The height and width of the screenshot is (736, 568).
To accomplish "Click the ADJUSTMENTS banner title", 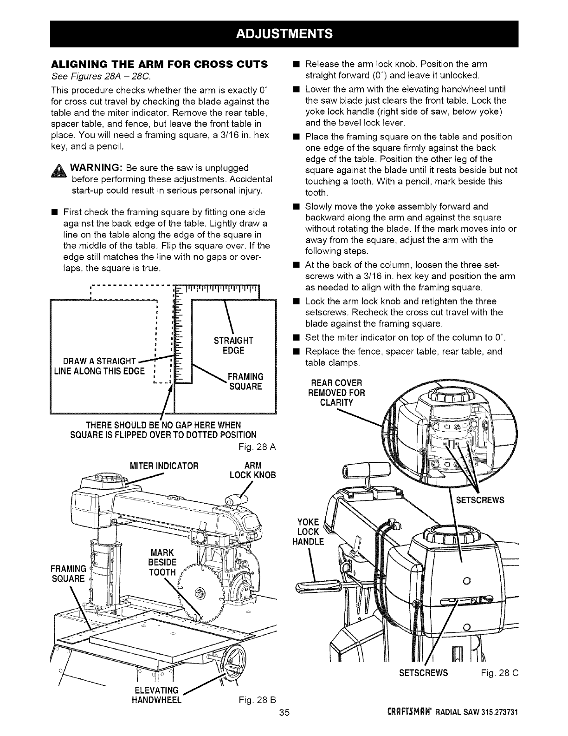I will coord(284,34).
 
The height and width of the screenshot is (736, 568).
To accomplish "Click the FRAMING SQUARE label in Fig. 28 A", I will coord(246,381).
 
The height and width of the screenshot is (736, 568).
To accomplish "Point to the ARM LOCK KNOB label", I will coord(252,470).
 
